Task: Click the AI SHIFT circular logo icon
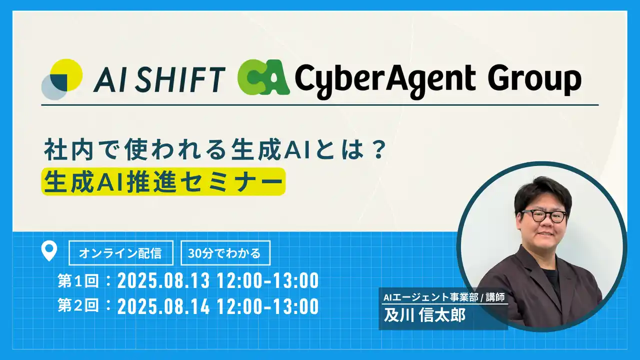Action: (x=61, y=79)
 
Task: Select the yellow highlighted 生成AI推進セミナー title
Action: (x=163, y=181)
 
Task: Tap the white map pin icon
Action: (x=49, y=251)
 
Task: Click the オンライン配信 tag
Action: (x=120, y=253)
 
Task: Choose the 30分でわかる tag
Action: (x=224, y=253)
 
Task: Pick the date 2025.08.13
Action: (x=163, y=281)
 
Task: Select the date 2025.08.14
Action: (x=163, y=306)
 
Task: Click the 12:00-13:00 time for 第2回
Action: (x=268, y=306)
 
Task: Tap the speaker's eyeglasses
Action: (x=544, y=216)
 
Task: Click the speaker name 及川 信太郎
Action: (x=424, y=316)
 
